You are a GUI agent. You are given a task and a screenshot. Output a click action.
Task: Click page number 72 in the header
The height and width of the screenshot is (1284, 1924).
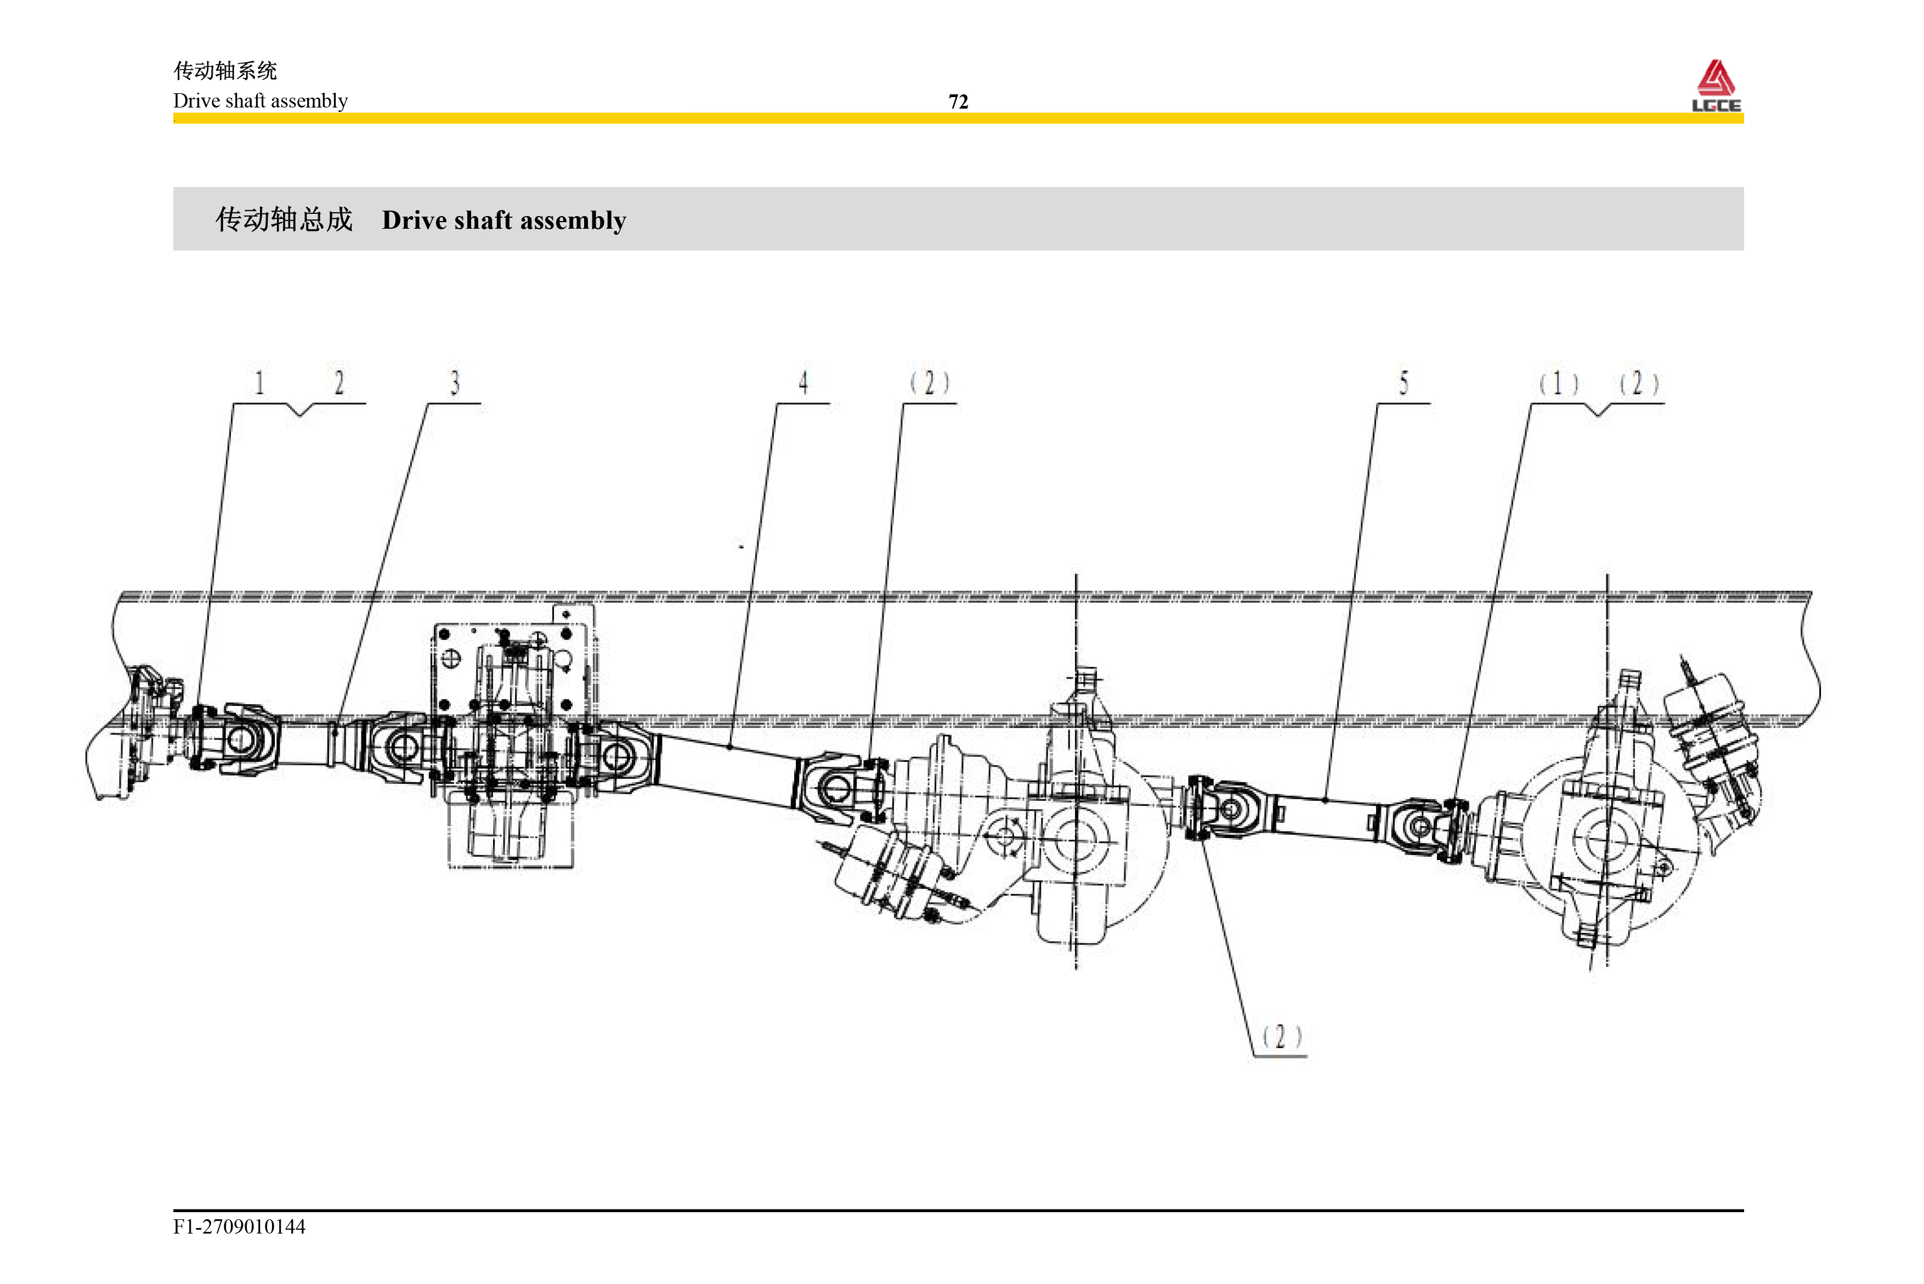[958, 101]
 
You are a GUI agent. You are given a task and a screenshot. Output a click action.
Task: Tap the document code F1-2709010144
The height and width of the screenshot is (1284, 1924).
[239, 1226]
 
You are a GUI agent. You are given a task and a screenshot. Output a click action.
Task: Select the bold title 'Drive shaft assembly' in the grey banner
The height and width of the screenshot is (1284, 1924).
[503, 220]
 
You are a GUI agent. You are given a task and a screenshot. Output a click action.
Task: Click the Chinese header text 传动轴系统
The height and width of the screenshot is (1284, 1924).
[225, 71]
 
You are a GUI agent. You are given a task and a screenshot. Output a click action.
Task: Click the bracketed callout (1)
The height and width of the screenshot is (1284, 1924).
[1558, 383]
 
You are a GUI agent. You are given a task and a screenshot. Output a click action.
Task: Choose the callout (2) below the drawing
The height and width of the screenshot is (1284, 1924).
[1281, 1037]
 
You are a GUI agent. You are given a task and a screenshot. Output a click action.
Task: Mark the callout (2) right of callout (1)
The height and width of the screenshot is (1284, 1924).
[1638, 383]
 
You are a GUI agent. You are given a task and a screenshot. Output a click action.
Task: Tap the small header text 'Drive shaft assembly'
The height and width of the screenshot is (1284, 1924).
[261, 101]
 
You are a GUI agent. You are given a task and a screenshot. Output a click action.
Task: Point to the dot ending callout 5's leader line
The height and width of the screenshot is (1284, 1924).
[1326, 800]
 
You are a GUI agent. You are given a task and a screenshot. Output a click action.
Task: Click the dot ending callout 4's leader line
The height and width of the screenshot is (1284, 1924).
[729, 747]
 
